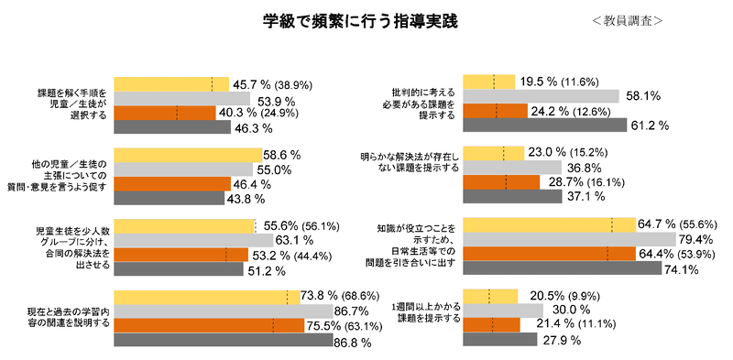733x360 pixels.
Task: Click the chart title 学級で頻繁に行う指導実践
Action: [360, 19]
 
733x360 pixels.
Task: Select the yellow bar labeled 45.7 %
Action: [170, 84]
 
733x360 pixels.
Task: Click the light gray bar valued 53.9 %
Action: [181, 99]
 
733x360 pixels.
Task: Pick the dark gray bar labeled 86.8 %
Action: [223, 341]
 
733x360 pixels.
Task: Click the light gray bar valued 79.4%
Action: [570, 239]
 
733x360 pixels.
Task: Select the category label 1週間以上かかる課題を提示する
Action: [424, 311]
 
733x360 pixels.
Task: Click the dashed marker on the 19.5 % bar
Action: [494, 82]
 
